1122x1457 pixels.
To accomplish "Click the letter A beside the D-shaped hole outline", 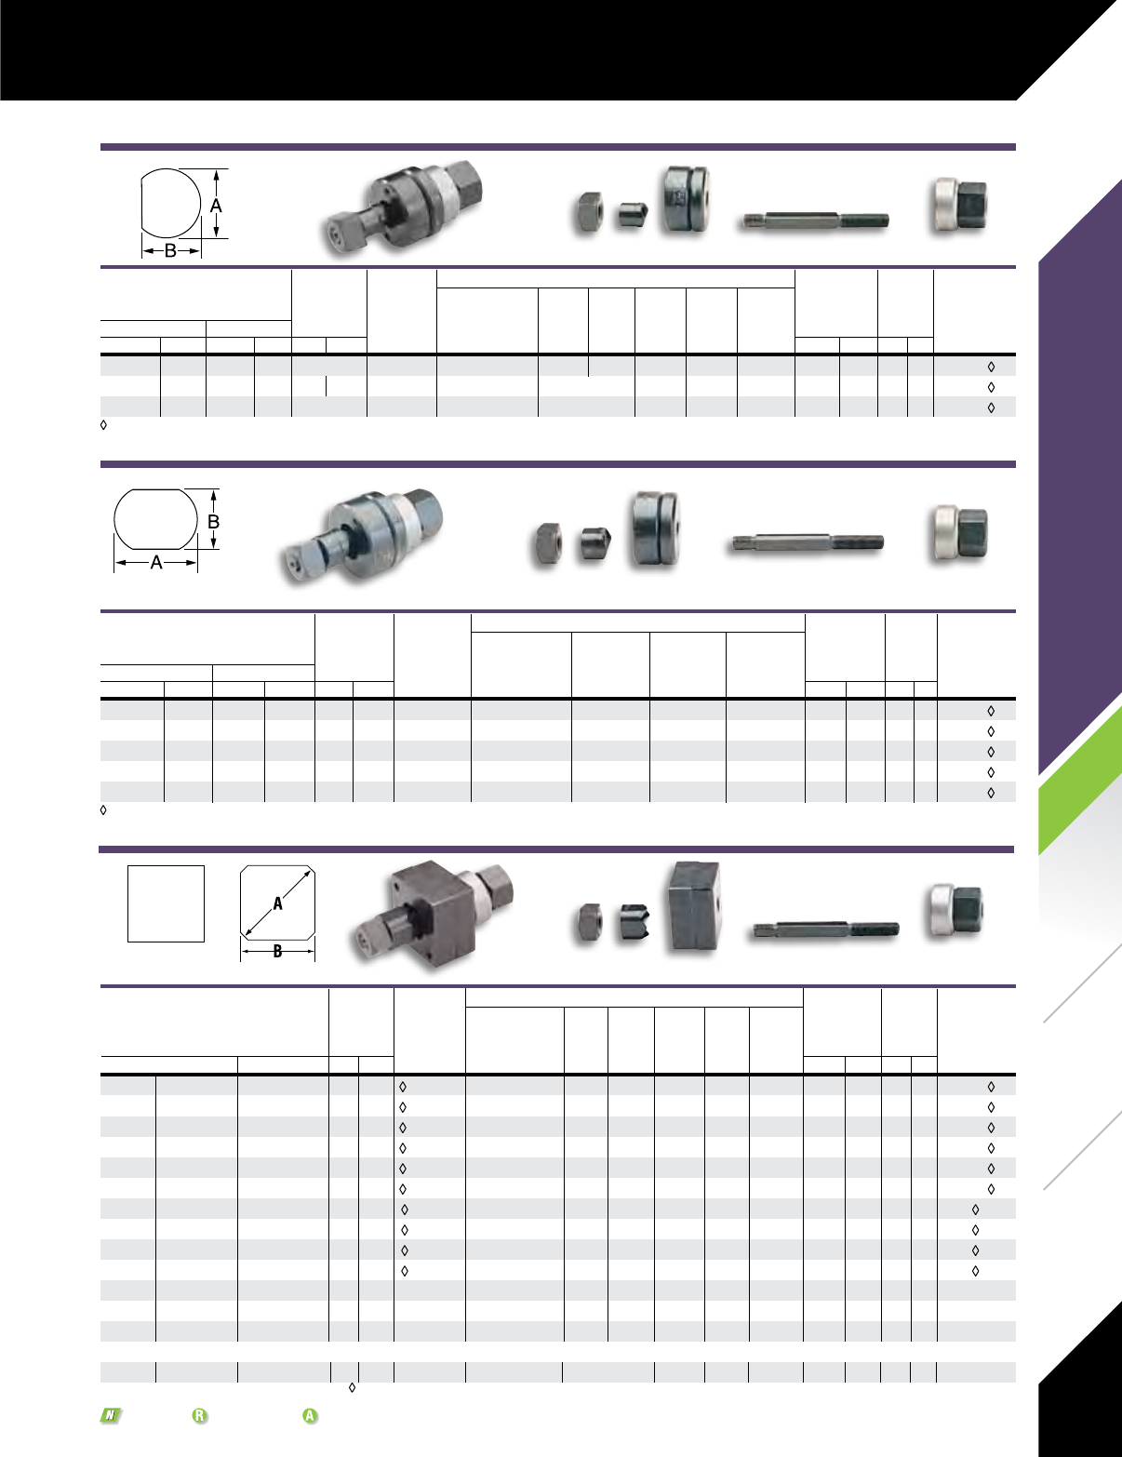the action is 216,206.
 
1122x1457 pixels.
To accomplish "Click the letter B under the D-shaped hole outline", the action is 171,251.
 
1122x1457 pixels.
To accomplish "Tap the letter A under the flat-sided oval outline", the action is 156,563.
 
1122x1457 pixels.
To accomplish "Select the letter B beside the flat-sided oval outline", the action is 214,521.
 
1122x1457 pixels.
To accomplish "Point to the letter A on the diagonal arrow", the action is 277,903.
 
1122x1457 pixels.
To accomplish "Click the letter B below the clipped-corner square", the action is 277,951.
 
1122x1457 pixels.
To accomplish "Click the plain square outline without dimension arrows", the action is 167,903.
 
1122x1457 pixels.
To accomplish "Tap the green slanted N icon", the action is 111,1416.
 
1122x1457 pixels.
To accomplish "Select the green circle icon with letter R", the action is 200,1416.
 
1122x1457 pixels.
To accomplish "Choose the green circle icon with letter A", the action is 310,1416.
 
